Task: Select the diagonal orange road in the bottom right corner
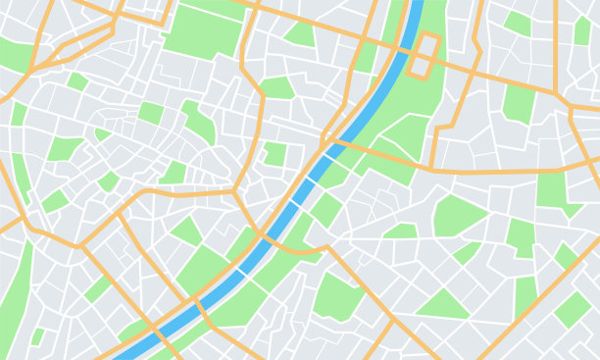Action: pyautogui.click(x=549, y=294)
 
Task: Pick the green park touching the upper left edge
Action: pyautogui.click(x=15, y=54)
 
